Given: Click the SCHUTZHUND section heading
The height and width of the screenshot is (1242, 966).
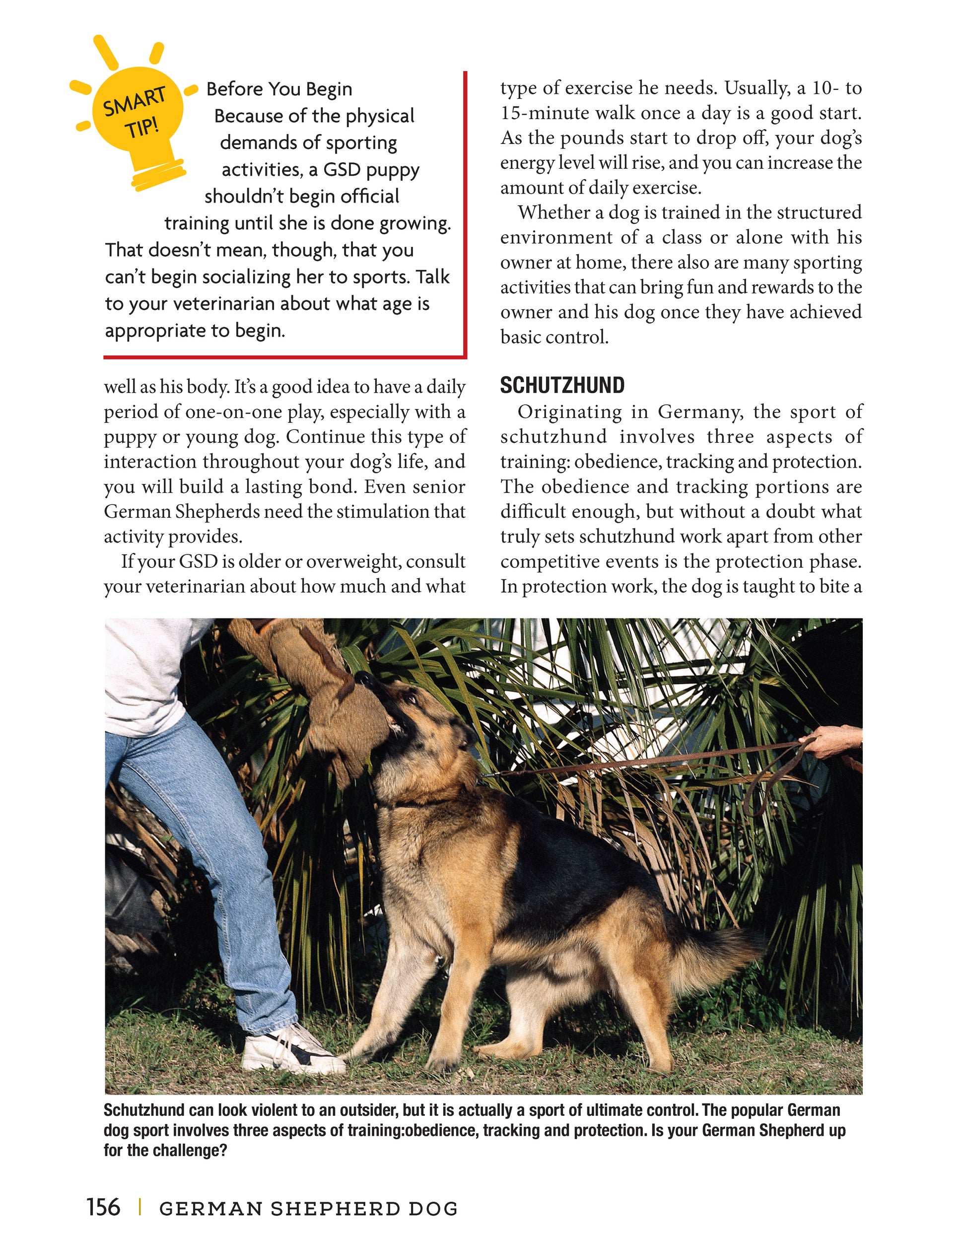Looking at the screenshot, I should [x=562, y=386].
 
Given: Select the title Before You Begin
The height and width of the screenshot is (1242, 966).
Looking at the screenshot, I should [x=278, y=89].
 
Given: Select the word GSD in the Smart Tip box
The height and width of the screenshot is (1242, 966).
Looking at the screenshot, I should [x=343, y=169].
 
